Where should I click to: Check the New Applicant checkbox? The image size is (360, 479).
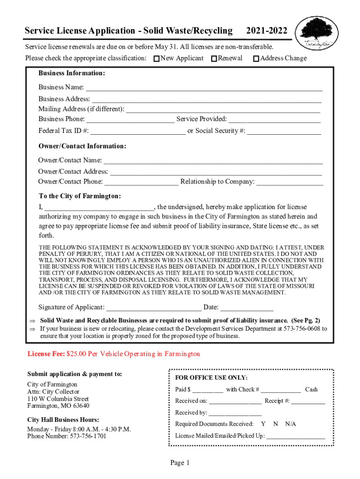pos(157,59)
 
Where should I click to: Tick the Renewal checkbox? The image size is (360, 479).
pos(214,59)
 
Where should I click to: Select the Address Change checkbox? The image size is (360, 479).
pos(256,59)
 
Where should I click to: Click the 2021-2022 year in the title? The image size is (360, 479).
pos(266,31)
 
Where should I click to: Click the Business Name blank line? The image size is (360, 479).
pos(204,87)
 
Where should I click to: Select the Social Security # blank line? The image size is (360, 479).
pos(284,131)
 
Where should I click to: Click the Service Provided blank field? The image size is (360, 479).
pos(274,119)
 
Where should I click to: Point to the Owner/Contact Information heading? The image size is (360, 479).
pos(82,146)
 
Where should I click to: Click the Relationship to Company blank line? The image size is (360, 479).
pos(289,182)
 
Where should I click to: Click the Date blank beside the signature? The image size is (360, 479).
pos(247,308)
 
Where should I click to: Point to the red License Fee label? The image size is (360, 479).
pos(46,354)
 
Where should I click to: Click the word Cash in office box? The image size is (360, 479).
pos(311,390)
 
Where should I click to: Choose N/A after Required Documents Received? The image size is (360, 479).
pos(290,424)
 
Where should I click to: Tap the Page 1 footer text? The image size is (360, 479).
pos(180,463)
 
